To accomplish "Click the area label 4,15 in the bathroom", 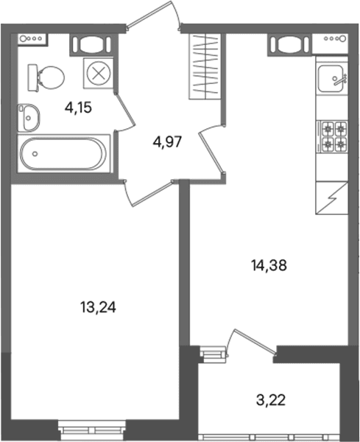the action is (78, 108).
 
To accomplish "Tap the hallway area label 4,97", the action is (167, 141).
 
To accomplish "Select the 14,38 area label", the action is (269, 265).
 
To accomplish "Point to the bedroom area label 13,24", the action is (98, 307).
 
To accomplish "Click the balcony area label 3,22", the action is (271, 400).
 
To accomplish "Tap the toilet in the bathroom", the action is (46, 77).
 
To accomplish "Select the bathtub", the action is (63, 154).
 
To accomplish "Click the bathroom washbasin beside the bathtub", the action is (29, 118).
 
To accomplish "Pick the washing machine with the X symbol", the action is (99, 74).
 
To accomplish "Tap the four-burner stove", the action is (333, 137).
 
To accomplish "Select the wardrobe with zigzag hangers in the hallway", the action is (205, 66).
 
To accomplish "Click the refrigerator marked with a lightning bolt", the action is (332, 198).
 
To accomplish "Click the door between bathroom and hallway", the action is (125, 112).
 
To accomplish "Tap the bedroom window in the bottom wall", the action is (92, 430).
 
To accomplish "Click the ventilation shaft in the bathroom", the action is (93, 44).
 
